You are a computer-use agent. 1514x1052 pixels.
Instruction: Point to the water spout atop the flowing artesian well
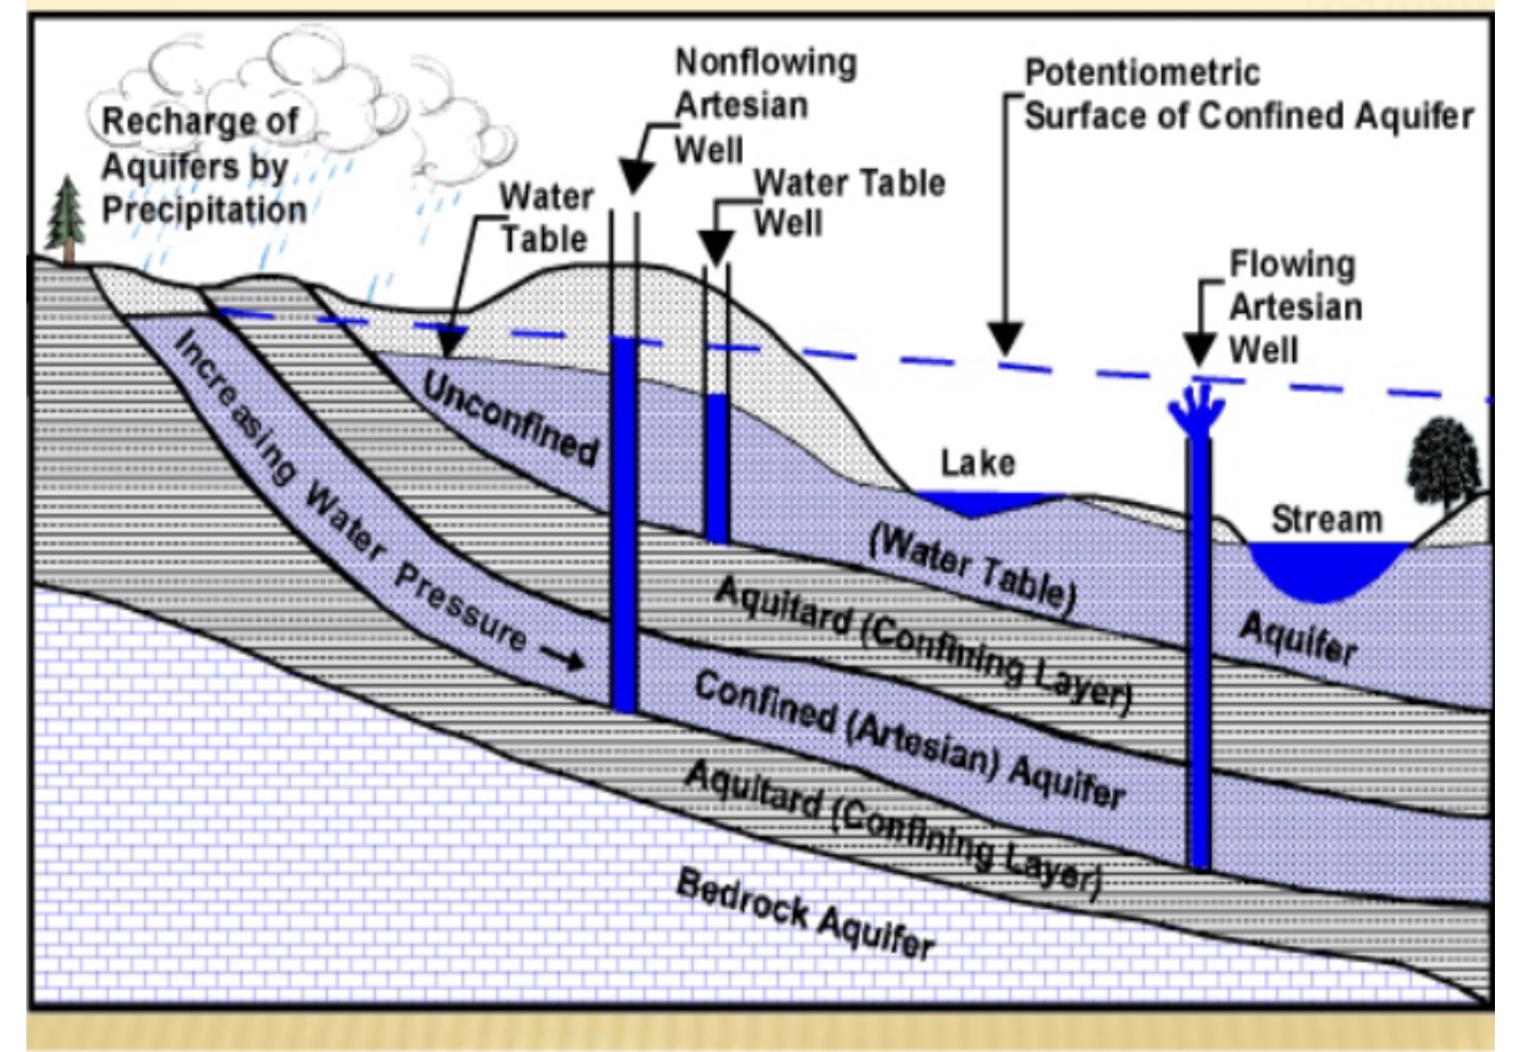[1198, 409]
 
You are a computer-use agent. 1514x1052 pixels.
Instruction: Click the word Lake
[978, 463]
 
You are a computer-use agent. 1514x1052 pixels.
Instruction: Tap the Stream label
[1327, 520]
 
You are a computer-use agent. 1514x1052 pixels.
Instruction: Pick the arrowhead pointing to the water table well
[716, 246]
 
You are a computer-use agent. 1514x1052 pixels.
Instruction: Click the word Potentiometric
[1142, 73]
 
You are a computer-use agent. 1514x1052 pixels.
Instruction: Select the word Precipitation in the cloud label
[204, 210]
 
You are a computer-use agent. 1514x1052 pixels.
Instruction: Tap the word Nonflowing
[766, 63]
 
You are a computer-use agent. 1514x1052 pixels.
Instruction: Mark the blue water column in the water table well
[717, 467]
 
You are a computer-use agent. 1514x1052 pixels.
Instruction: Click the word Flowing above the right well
[1292, 265]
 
